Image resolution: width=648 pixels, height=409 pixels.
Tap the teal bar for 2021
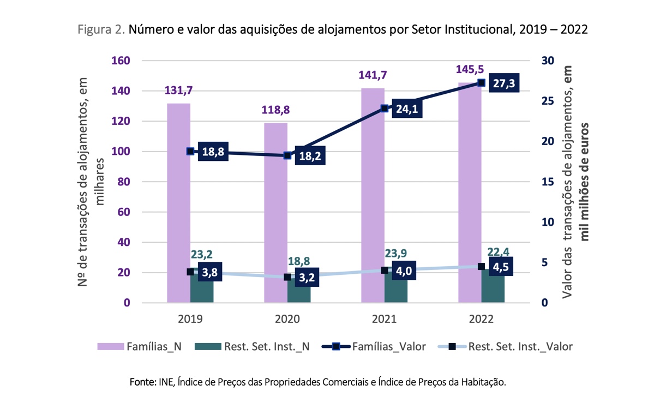pyautogui.click(x=396, y=289)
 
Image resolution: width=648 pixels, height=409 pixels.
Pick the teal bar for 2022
pyautogui.click(x=493, y=289)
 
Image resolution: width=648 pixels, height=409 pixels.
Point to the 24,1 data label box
pyautogui.click(x=405, y=109)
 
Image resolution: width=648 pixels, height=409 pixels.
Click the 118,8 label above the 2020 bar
pyautogui.click(x=275, y=110)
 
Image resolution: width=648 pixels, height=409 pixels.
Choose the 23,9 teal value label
pyautogui.click(x=397, y=255)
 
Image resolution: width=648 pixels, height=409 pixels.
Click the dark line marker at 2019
pyautogui.click(x=190, y=151)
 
